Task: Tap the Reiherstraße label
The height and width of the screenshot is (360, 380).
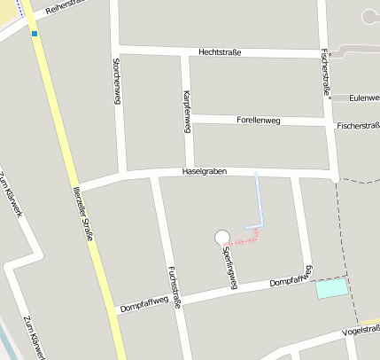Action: click(x=66, y=10)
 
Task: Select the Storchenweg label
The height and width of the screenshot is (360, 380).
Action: click(x=116, y=82)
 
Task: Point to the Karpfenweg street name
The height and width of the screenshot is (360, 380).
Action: click(x=186, y=110)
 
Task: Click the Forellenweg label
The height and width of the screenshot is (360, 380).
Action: click(x=259, y=119)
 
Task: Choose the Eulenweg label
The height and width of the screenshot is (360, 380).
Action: click(x=364, y=98)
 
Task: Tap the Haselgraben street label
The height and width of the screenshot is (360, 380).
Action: click(x=205, y=170)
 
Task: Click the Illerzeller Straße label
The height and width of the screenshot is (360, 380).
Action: click(x=85, y=207)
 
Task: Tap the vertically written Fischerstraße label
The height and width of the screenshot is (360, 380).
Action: click(x=326, y=71)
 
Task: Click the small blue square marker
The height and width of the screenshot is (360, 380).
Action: click(x=35, y=34)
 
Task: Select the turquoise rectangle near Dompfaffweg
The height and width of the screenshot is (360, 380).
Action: click(x=332, y=288)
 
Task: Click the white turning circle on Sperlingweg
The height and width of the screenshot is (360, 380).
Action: click(x=221, y=237)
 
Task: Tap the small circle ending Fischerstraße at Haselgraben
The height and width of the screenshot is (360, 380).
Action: click(x=335, y=179)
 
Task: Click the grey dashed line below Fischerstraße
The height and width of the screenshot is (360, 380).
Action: click(x=350, y=248)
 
